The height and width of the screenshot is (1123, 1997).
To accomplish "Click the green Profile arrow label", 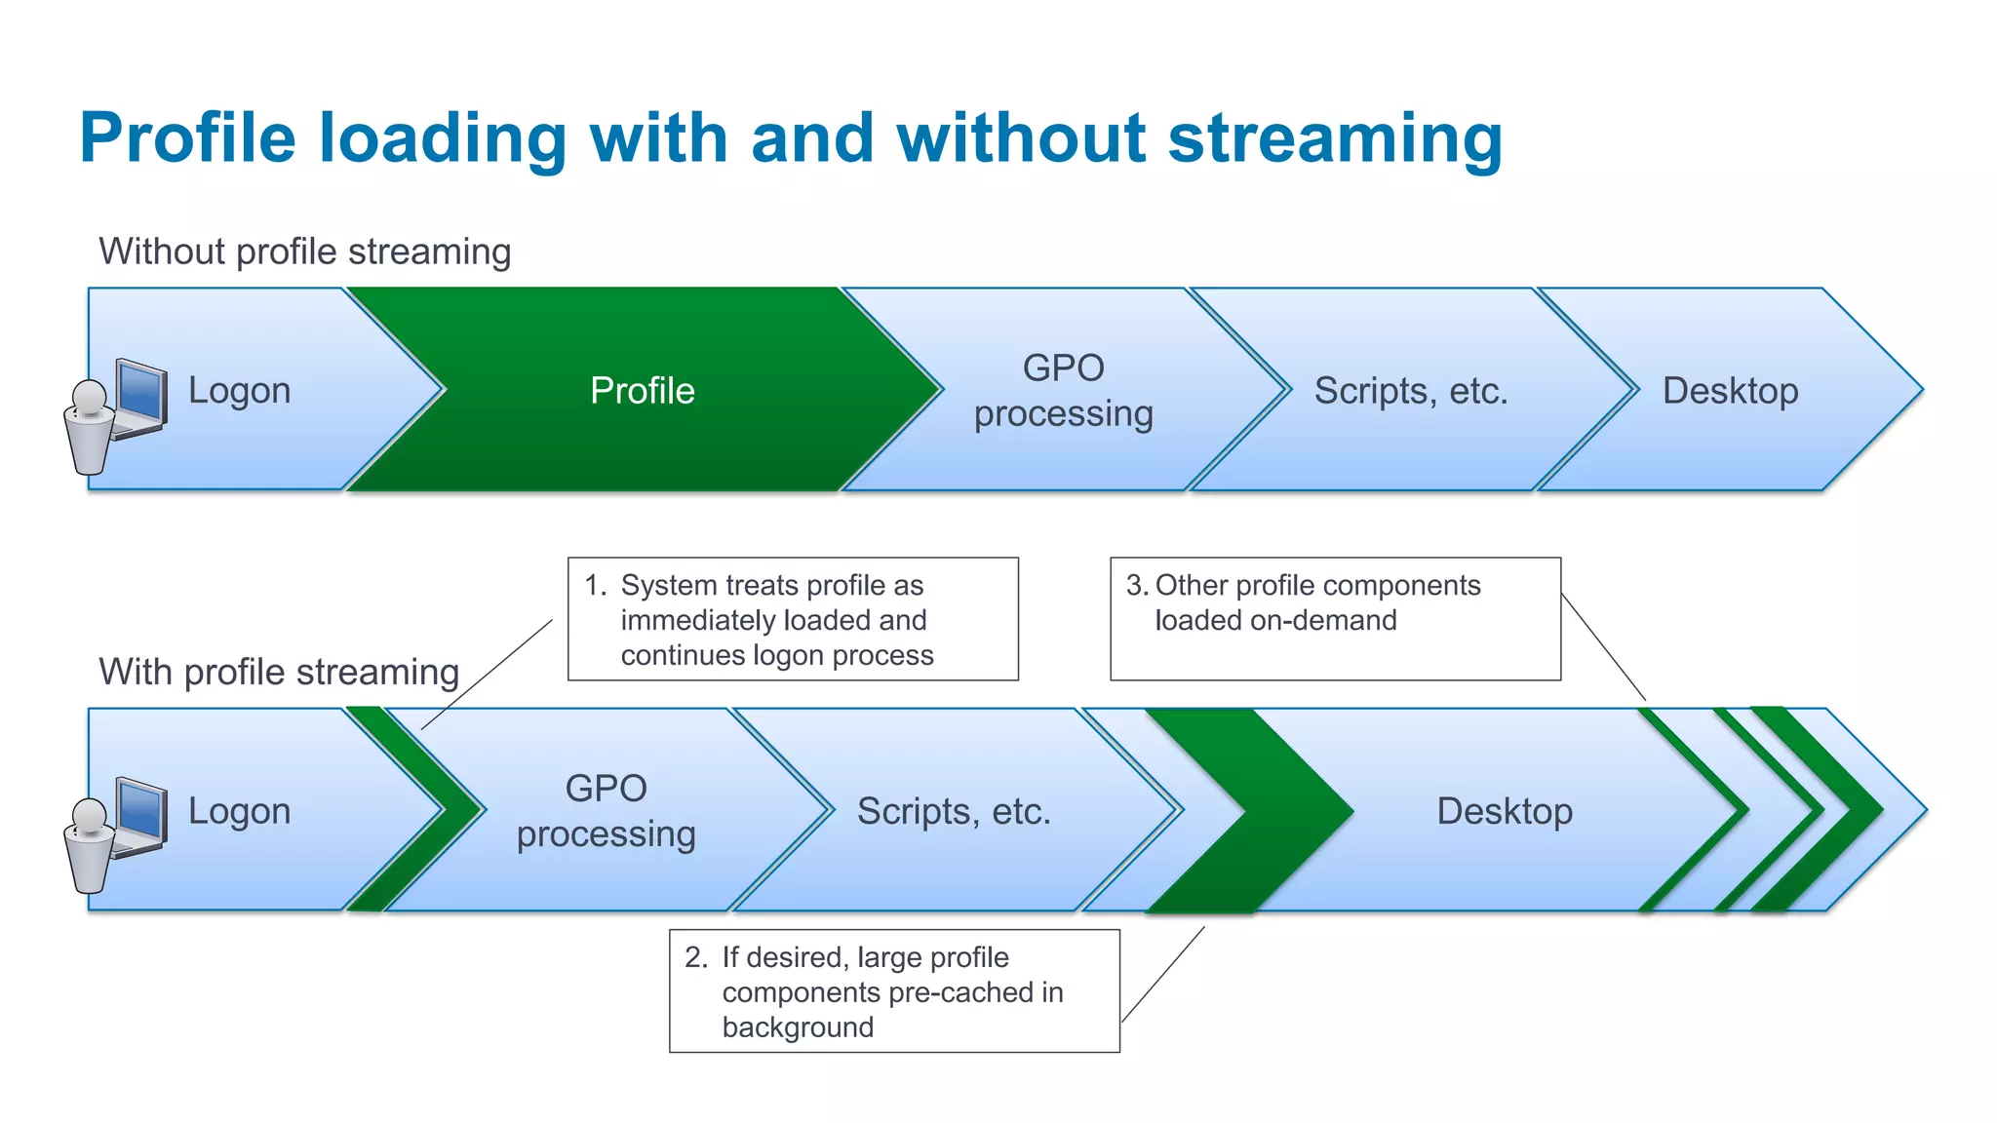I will (x=642, y=391).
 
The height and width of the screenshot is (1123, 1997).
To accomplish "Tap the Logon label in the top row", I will (x=239, y=391).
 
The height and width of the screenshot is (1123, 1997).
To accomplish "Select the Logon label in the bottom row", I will (x=239, y=811).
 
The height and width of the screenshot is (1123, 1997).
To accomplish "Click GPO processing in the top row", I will (x=1063, y=391).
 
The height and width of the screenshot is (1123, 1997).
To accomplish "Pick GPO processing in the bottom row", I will (x=606, y=811).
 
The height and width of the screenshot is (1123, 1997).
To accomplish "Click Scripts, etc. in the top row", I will (x=1410, y=391).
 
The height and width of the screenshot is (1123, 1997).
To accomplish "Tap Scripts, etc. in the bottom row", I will (x=953, y=811).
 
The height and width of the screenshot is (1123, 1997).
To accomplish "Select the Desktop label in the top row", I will (x=1730, y=391).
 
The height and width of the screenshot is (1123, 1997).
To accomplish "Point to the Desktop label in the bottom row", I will (x=1504, y=811).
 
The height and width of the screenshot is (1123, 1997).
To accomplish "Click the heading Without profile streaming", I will (x=304, y=252).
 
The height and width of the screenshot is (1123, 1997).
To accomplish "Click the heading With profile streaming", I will (x=279, y=673).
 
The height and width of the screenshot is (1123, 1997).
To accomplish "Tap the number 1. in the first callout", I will (x=595, y=585).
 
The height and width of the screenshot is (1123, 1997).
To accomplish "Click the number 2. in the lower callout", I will (x=696, y=957).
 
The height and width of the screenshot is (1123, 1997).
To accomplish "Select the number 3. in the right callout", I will (x=1137, y=585).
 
